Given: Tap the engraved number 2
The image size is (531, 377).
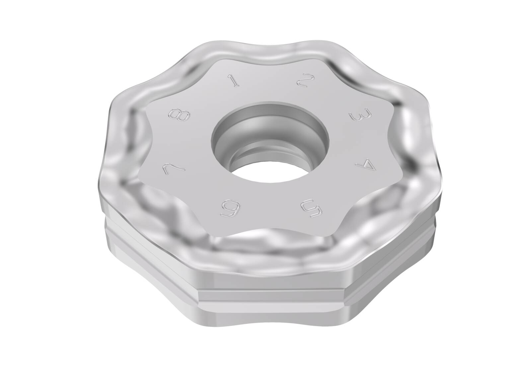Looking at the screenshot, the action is pyautogui.click(x=305, y=80).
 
